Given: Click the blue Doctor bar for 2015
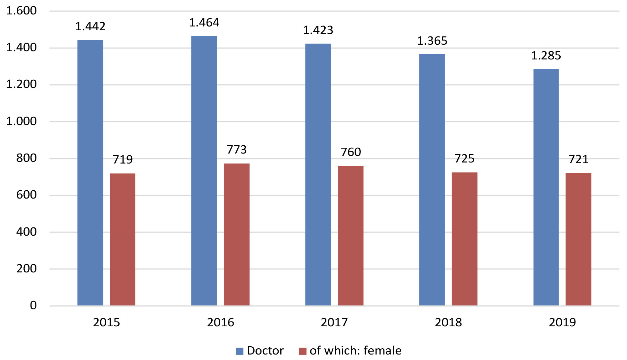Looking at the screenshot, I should (x=90, y=173).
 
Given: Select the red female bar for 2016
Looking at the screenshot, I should (x=237, y=234).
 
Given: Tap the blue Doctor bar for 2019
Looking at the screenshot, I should (x=546, y=187).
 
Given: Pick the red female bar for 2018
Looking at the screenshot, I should (x=464, y=239).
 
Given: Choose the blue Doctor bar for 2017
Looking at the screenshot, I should (x=318, y=175).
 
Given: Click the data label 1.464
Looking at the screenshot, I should (x=204, y=23).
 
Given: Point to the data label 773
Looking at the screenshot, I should (x=237, y=150).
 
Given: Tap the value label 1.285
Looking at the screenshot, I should (x=546, y=56).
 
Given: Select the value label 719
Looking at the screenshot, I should (x=123, y=160).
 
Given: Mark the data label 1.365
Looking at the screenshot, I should (x=432, y=41).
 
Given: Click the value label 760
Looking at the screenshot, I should (x=351, y=152).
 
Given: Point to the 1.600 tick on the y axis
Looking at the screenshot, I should (x=21, y=11).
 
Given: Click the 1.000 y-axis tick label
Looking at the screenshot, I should (x=21, y=121).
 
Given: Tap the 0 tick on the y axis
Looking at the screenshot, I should (x=33, y=305).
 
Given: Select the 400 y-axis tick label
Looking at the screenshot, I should (x=26, y=232).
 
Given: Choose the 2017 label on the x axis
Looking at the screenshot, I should (x=334, y=323).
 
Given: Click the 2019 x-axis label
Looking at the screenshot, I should (x=562, y=323).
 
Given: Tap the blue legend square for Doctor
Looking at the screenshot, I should (x=239, y=351).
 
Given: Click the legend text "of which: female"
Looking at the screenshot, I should (x=356, y=351).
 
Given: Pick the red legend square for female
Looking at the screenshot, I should (x=302, y=351).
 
